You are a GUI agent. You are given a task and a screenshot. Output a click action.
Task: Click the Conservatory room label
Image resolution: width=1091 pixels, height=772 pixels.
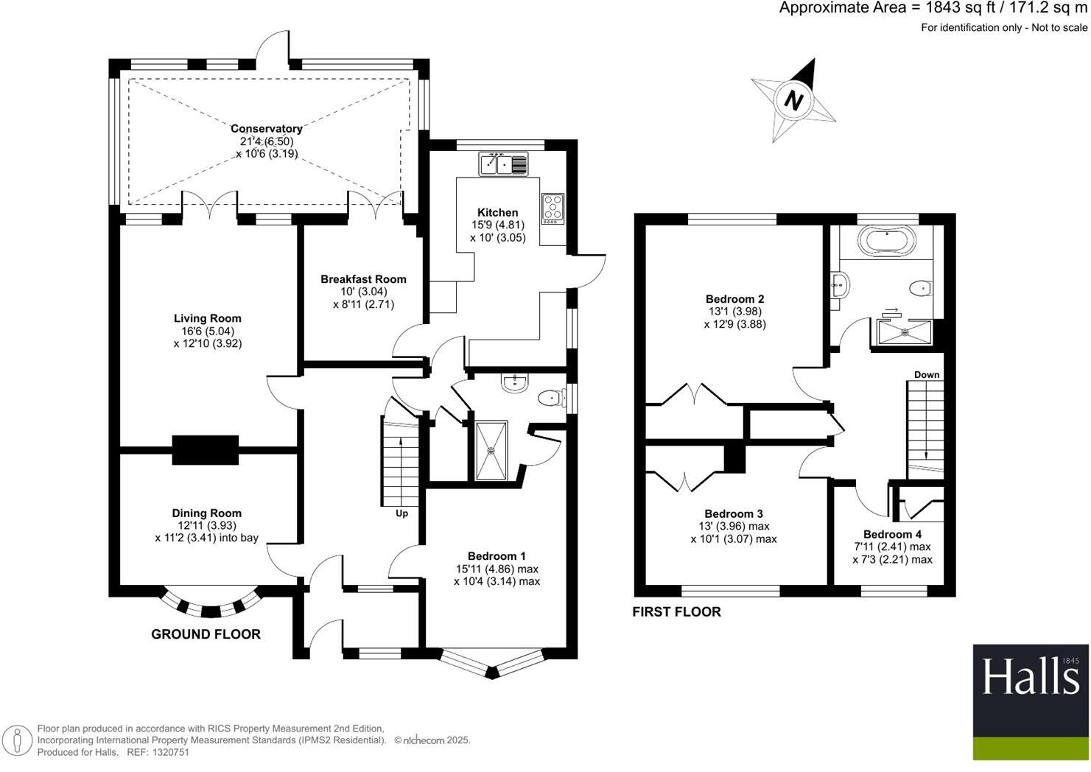coord(267,129)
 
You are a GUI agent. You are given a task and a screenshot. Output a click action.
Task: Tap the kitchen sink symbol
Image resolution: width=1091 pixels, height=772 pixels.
coord(504,164)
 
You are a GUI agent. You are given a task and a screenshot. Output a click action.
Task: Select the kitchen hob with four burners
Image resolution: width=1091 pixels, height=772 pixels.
coord(552,208)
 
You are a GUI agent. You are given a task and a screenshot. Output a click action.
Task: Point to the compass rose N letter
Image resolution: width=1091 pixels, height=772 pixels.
coord(793,99)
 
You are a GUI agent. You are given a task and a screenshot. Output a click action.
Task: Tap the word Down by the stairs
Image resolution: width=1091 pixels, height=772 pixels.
coord(927,375)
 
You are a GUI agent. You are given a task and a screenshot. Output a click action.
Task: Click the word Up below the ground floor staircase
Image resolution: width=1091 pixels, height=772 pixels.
coord(401,513)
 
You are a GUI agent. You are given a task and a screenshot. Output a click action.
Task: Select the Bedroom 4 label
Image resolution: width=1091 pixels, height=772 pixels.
coord(892,534)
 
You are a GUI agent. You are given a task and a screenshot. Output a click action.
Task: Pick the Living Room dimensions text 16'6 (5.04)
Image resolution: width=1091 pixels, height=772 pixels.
coord(207,331)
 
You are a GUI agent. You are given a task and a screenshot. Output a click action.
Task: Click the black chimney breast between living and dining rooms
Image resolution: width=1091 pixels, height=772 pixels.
coord(206,449)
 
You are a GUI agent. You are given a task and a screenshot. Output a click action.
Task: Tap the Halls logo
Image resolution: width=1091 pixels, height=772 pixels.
coord(1030,702)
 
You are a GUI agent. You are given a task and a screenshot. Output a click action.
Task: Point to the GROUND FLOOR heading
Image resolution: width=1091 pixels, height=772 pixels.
coord(206,634)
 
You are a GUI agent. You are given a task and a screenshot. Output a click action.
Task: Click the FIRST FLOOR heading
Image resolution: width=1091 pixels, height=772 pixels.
coord(676,611)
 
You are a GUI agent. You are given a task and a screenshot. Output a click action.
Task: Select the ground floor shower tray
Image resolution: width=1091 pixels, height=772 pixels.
coord(491,449)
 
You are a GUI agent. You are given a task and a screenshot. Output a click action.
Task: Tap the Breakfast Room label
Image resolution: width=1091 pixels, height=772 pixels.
coord(363,279)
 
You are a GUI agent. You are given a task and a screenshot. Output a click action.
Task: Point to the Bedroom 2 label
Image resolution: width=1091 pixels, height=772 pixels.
coord(734,299)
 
